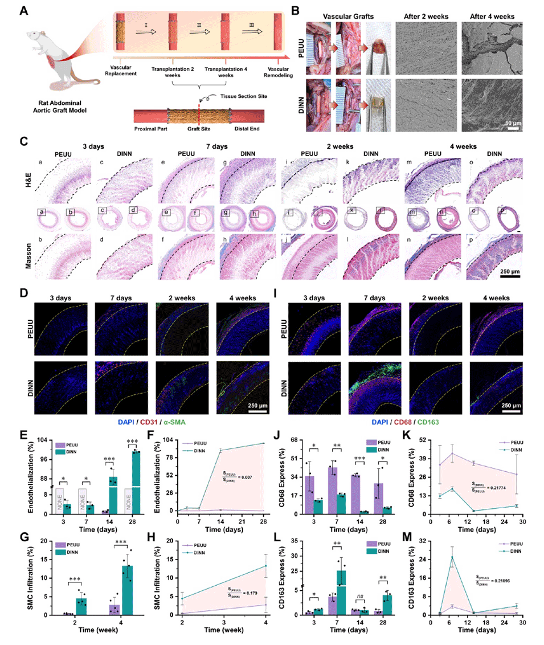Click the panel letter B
pyautogui.click(x=295, y=10)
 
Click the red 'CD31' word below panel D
pyautogui.click(x=136, y=422)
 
